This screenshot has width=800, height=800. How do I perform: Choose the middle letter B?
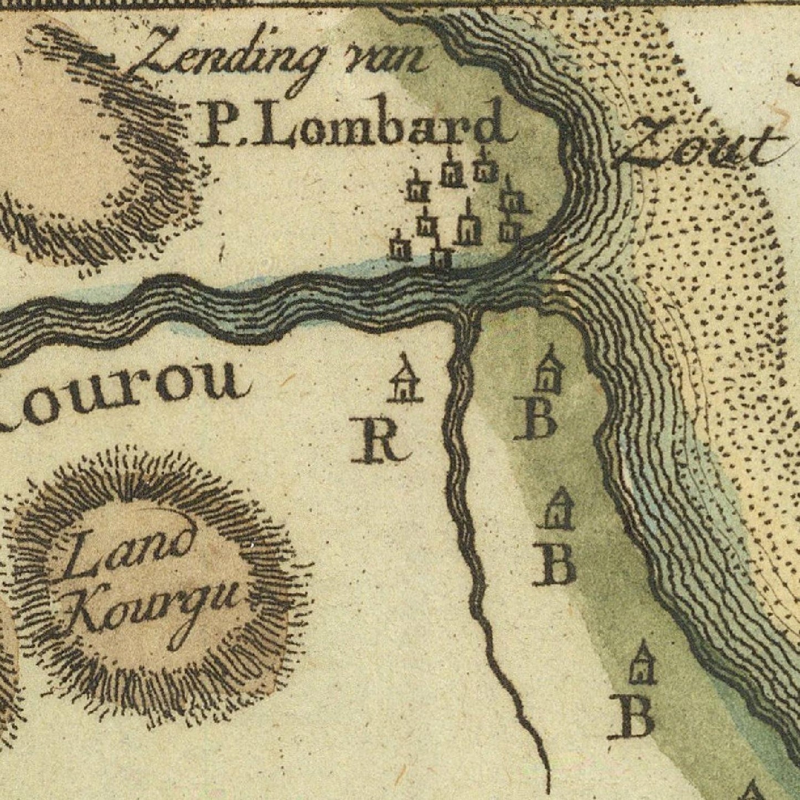[x=554, y=565]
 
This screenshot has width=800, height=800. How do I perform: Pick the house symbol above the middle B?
[x=558, y=509]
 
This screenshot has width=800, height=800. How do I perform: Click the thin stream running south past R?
[x=462, y=498]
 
